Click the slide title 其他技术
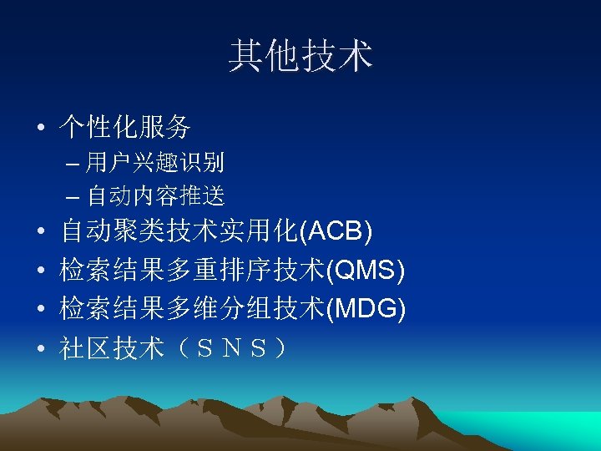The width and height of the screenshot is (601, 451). coord(300,57)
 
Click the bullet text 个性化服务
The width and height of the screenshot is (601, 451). coord(125,127)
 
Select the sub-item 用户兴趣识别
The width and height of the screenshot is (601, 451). coord(154,162)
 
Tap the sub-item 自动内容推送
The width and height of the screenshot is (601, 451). coord(155,196)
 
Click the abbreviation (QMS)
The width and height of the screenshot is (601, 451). coord(365,270)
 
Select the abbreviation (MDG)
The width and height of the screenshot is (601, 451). coord(365,309)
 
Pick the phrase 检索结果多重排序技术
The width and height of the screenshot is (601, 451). coord(192,270)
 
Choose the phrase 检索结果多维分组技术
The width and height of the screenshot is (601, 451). coord(192,309)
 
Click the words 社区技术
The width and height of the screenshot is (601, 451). coord(112,348)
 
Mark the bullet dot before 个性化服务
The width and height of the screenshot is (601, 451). coord(40,129)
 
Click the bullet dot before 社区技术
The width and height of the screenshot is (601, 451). coord(40,349)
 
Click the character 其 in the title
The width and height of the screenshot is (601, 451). coord(245,57)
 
